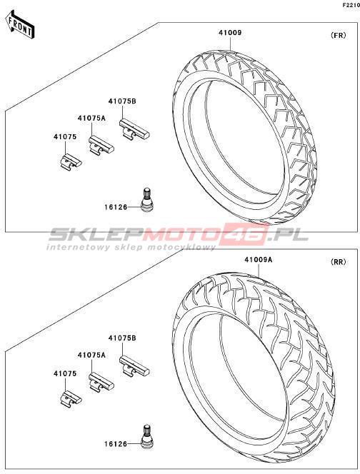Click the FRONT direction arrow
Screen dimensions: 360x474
point(21,25)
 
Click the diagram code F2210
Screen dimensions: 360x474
point(351,5)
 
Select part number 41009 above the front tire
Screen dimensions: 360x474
point(230,33)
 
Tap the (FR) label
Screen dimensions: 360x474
point(339,35)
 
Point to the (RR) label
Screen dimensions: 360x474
point(339,262)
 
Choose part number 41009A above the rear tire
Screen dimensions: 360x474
point(259,259)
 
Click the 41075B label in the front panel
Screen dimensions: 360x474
point(122,101)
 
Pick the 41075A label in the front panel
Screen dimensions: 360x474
point(91,118)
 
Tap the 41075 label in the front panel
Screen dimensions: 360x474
point(65,136)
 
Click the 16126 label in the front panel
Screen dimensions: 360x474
point(116,207)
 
